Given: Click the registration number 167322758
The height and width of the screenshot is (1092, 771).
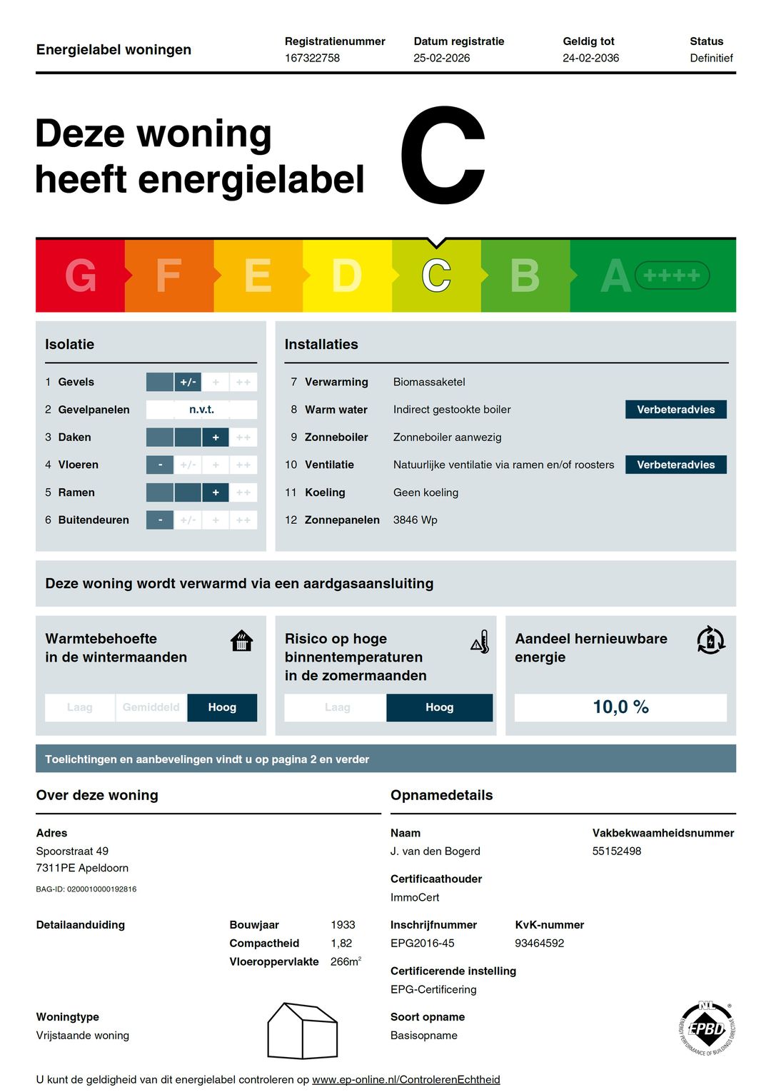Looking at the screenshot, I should point(312,58).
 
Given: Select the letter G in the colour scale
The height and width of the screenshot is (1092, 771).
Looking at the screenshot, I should point(81,275).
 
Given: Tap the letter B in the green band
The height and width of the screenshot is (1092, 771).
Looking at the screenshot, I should point(525,275).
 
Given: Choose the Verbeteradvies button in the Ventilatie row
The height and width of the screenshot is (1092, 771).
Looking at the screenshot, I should point(675,465).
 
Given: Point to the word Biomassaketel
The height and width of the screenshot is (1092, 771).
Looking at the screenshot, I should point(429,382).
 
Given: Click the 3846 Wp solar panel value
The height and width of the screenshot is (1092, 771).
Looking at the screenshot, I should point(415,520).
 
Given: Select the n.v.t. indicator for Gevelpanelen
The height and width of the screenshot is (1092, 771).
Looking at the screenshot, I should point(201,410).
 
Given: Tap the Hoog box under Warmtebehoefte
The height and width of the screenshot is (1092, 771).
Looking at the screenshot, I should point(222,707).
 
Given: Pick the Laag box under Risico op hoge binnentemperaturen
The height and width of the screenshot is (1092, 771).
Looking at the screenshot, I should point(336,707).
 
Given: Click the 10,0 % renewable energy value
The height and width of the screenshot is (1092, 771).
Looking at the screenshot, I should point(620,707).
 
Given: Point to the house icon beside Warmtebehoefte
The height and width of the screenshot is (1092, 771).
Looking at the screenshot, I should point(242,641).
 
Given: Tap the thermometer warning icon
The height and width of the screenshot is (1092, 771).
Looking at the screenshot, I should point(480,642).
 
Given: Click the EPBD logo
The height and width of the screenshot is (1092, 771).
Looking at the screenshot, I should point(706,1028).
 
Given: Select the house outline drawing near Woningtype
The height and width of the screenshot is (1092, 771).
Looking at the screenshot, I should point(302,1031).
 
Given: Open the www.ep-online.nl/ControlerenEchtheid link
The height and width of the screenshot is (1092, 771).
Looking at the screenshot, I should point(405,1079).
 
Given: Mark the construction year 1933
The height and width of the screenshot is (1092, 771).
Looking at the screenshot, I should point(343,925).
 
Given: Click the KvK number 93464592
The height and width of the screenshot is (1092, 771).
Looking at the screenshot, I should point(539,943).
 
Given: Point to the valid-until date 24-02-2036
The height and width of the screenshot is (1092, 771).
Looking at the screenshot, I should point(590,58).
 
